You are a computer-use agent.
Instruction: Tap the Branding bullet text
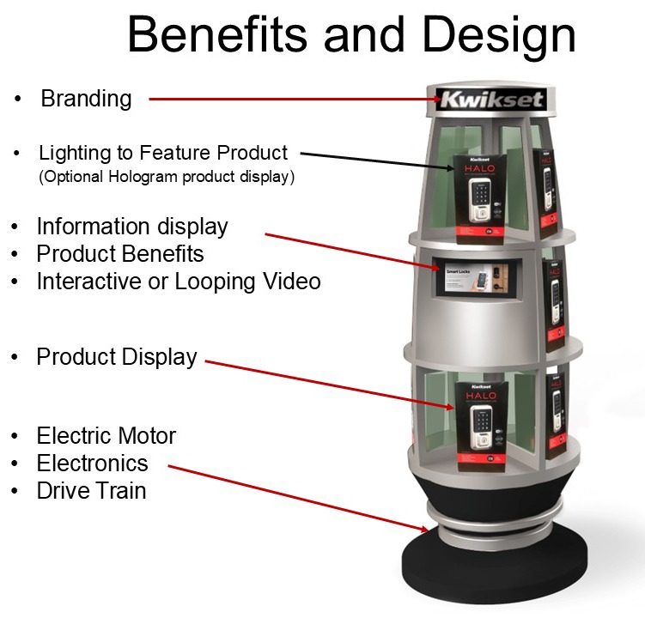pyautogui.click(x=86, y=99)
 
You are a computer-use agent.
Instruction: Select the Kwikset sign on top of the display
pyautogui.click(x=490, y=100)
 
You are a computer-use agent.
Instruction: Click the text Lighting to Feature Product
pyautogui.click(x=163, y=153)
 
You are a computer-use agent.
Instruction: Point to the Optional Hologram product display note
pyautogui.click(x=167, y=178)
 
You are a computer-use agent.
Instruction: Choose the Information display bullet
pyautogui.click(x=131, y=227)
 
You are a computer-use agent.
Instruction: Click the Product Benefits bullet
pyautogui.click(x=119, y=254)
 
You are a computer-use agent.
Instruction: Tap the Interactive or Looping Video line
pyautogui.click(x=178, y=282)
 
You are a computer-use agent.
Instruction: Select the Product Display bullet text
pyautogui.click(x=116, y=356)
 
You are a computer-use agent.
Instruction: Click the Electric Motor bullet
pyautogui.click(x=106, y=435)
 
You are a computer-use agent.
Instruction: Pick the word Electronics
pyautogui.click(x=92, y=463)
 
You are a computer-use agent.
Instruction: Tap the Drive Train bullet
pyautogui.click(x=91, y=491)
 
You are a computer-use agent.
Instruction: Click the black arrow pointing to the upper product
pyautogui.click(x=378, y=161)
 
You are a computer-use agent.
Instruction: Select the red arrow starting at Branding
pyautogui.click(x=292, y=100)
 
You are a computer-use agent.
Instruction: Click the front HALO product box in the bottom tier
pyautogui.click(x=482, y=425)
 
